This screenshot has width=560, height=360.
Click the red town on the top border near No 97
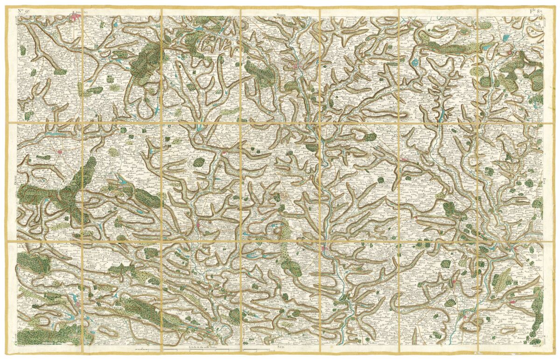[76, 18]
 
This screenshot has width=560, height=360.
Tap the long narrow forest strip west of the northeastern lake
[448, 46]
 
